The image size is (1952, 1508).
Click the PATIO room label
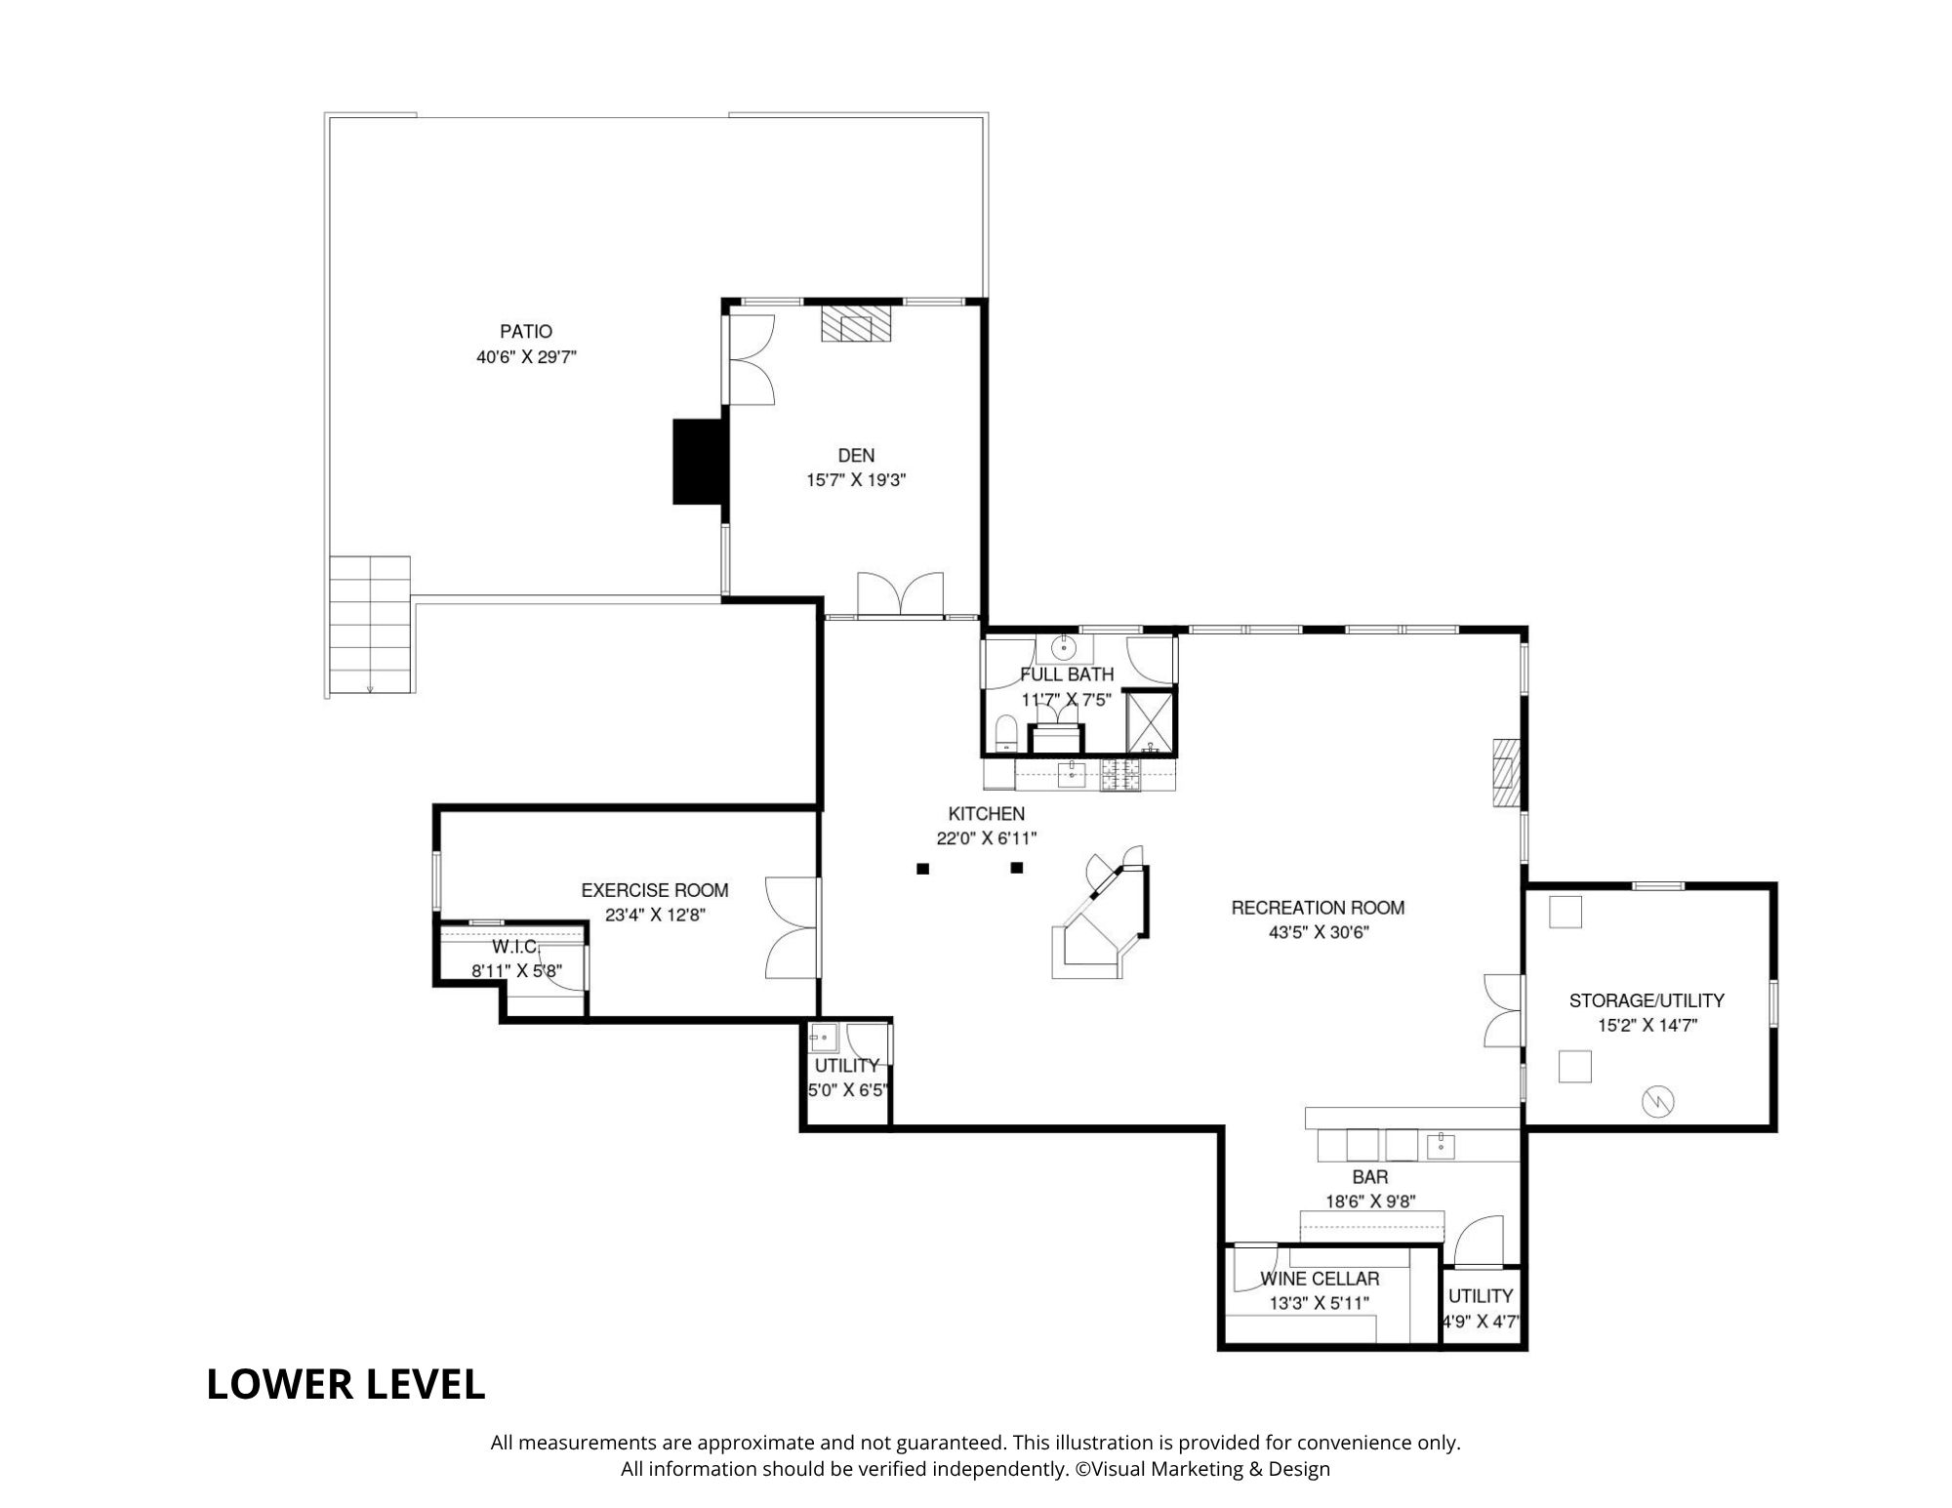coord(526,332)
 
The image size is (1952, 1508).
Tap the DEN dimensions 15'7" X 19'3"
coord(856,480)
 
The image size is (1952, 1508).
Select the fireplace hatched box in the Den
coord(856,324)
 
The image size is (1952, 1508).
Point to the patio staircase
coord(369,626)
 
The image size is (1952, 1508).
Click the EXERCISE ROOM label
coord(655,890)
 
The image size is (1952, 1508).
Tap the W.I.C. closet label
coord(515,947)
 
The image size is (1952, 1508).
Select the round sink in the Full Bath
coord(1064,647)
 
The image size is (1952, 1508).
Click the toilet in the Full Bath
coord(1005,734)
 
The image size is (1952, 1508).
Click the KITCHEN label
coord(987,813)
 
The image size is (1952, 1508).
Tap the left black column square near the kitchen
coord(922,868)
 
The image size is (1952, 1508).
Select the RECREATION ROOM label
coord(1318,908)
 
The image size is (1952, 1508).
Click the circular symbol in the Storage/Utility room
coord(1658,1101)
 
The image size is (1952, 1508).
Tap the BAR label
coord(1370,1178)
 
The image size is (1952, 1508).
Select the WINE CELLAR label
coord(1320,1279)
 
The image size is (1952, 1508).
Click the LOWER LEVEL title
coord(346,1384)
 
